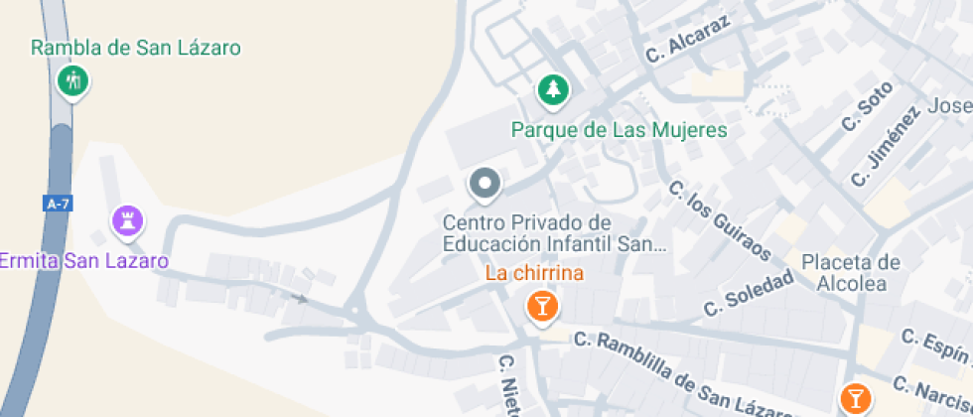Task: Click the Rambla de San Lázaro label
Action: click(x=136, y=48)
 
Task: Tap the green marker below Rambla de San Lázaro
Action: click(x=71, y=80)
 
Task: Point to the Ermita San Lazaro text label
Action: click(x=83, y=261)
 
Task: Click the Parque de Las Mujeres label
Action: click(x=619, y=130)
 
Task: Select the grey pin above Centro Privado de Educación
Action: click(x=485, y=184)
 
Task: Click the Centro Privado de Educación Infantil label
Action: click(x=554, y=233)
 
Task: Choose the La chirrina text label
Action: click(x=534, y=273)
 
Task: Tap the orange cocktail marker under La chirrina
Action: click(x=541, y=305)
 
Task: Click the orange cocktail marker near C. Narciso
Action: click(x=853, y=398)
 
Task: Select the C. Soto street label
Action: click(x=860, y=113)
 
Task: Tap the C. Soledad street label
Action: click(x=750, y=293)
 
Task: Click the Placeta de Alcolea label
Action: click(x=850, y=273)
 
